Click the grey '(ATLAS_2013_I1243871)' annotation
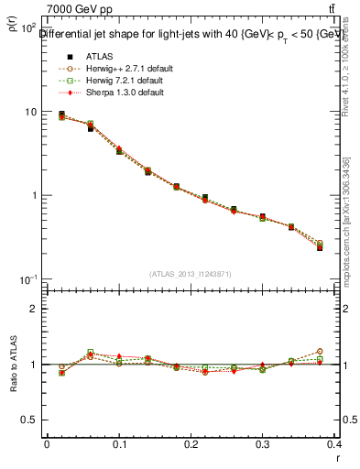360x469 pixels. point(190,274)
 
